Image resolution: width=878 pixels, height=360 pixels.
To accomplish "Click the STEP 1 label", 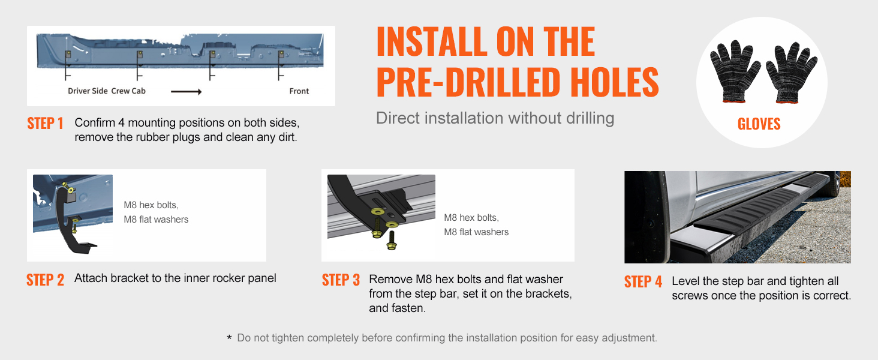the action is pyautogui.click(x=45, y=124).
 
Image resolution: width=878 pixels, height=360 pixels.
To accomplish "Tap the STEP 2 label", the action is pyautogui.click(x=45, y=280).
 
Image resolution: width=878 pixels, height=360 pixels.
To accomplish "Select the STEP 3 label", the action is pyautogui.click(x=341, y=280).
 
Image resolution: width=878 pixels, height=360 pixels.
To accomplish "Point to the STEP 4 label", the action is pyautogui.click(x=643, y=282).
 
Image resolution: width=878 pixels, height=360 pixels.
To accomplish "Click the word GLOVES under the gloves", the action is pyautogui.click(x=759, y=124).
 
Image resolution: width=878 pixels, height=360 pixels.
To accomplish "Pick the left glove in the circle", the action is pyautogui.click(x=733, y=71).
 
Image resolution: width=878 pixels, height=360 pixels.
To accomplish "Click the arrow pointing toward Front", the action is pyautogui.click(x=186, y=92).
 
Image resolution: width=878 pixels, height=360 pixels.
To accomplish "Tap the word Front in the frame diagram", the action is pyautogui.click(x=299, y=91).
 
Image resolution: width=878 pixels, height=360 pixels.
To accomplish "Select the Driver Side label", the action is pyautogui.click(x=88, y=91).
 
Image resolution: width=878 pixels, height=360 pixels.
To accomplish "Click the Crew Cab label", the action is pyautogui.click(x=128, y=91).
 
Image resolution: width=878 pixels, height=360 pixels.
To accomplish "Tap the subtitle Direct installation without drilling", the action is pyautogui.click(x=495, y=118).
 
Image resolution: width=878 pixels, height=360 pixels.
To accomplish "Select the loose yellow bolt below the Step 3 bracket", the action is pyautogui.click(x=391, y=241).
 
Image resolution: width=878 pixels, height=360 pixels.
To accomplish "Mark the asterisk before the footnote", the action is pyautogui.click(x=229, y=338).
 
